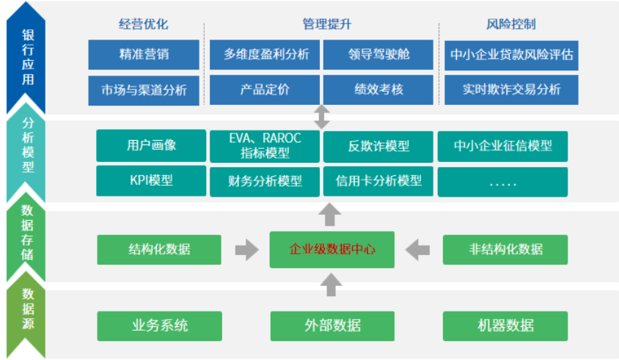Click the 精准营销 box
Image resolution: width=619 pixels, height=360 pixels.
(144, 54)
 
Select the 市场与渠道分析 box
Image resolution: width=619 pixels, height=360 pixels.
(144, 90)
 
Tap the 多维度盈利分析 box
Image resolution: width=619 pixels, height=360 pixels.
(265, 54)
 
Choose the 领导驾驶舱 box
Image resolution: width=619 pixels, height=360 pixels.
(378, 54)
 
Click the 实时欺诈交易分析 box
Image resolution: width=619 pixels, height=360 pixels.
(511, 90)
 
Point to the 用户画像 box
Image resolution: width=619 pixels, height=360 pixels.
(151, 146)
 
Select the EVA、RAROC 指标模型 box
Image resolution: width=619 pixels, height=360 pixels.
(265, 146)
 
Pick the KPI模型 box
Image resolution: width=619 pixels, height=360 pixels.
(151, 181)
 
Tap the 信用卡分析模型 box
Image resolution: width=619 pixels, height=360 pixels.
(378, 181)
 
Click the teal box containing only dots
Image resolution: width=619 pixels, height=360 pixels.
(502, 182)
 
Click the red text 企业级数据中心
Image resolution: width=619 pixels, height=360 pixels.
(332, 249)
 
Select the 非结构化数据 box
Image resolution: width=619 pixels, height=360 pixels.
(505, 249)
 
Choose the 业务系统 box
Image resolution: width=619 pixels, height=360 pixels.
(159, 326)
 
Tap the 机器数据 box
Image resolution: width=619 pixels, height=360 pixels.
(505, 326)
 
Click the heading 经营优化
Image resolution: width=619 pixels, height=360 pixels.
(144, 24)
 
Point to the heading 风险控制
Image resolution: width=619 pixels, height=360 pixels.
(511, 24)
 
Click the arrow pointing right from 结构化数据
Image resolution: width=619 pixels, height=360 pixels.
(246, 250)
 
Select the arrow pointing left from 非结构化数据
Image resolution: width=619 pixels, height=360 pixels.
(417, 250)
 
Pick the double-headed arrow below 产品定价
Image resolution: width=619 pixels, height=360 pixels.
(322, 117)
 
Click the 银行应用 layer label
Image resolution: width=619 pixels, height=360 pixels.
(28, 57)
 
